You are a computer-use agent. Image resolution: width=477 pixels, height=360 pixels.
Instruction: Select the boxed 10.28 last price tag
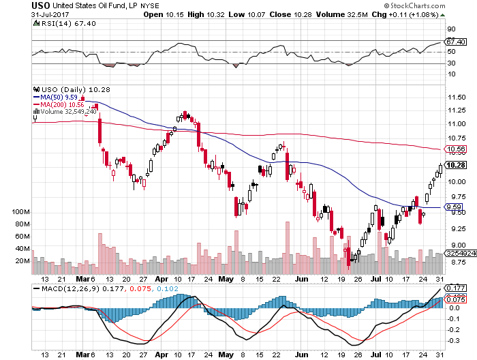click(x=455, y=165)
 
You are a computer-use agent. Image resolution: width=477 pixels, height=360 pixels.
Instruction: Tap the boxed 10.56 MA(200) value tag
click(x=455, y=149)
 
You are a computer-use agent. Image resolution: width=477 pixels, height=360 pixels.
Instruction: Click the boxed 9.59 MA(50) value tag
click(x=453, y=207)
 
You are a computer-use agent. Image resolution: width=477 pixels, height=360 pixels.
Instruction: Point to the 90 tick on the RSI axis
click(x=450, y=30)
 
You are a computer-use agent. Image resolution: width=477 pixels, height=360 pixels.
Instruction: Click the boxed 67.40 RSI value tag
click(x=455, y=42)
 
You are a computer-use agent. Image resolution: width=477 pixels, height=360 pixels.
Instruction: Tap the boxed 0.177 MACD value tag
click(x=455, y=288)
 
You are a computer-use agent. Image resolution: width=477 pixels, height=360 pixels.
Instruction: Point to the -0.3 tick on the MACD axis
click(x=452, y=339)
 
